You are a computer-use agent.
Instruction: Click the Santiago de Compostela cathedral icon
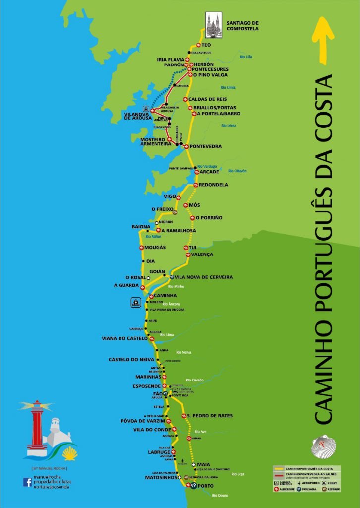214,24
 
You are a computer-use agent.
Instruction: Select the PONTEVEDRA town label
206,146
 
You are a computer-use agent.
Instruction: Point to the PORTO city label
205,486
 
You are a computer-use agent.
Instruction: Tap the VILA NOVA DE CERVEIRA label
203,277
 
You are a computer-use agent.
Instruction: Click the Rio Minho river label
176,287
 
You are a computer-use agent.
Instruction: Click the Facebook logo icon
27,482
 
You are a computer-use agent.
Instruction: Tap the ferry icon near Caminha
135,302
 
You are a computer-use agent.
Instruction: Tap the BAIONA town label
141,227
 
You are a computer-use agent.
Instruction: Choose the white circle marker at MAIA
194,465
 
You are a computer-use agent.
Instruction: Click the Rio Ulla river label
246,57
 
